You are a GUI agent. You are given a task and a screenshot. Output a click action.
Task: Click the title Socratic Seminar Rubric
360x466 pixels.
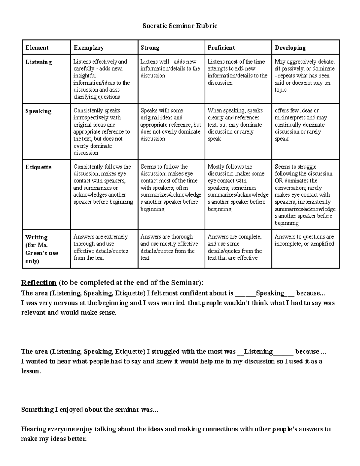coord(180,26)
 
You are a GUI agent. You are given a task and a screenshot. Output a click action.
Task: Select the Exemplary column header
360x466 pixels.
coord(89,47)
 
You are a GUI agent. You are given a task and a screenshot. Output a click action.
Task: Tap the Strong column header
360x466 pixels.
coord(150,47)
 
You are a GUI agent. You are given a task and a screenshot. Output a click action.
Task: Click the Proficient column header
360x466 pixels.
coord(221,47)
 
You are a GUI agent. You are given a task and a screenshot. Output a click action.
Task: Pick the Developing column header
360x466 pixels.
coord(290,47)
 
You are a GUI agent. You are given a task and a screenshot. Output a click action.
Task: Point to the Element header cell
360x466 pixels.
coord(37,47)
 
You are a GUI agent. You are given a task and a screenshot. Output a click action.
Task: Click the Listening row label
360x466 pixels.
coord(39,62)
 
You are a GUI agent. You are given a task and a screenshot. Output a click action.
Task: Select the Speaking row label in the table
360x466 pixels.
coord(38,111)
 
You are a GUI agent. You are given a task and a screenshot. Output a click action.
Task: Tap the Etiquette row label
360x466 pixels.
coord(38,167)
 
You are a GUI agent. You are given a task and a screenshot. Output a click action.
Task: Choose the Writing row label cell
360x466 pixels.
coord(42,249)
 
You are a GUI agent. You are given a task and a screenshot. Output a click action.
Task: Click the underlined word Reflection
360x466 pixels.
coord(39,283)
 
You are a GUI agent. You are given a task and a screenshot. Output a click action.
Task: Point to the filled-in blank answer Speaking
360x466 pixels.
coord(270,293)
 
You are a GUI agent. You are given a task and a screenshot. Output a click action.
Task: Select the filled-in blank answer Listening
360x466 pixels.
coord(258,351)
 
